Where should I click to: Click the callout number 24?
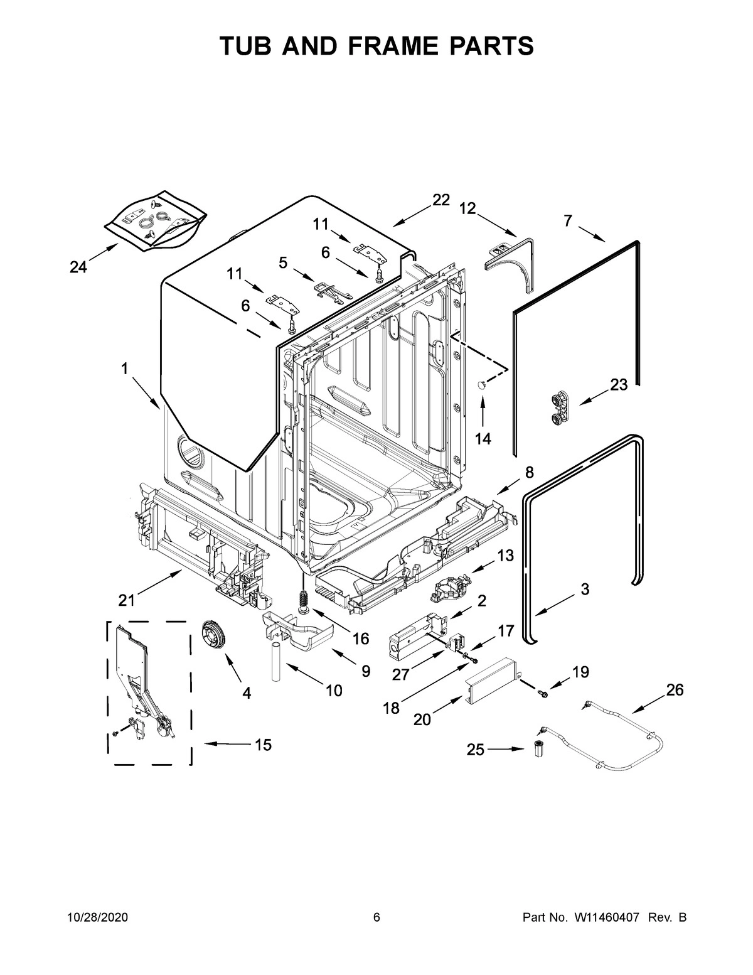[x=78, y=267]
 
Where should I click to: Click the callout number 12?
[x=468, y=208]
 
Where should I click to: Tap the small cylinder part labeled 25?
[x=538, y=749]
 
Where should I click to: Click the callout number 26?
[x=675, y=690]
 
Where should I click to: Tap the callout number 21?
[x=127, y=601]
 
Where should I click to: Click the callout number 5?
[x=283, y=262]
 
